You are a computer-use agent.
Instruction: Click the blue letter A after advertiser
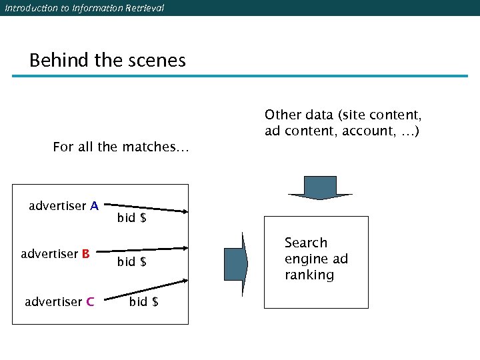click(x=95, y=206)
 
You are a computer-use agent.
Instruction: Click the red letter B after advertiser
click(x=86, y=254)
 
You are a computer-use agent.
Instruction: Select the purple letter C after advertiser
click(x=90, y=302)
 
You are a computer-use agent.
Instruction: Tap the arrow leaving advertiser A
click(x=147, y=209)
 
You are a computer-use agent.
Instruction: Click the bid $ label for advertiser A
click(x=132, y=218)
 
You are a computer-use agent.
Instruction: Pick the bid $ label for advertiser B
click(x=132, y=262)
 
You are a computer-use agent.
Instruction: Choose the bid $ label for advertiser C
click(x=144, y=302)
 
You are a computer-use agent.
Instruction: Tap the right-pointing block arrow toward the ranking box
click(x=236, y=263)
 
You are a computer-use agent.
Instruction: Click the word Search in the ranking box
click(x=306, y=243)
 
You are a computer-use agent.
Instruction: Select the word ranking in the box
click(x=309, y=275)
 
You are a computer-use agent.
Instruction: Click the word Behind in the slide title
click(x=59, y=61)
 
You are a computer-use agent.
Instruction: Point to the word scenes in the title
click(x=157, y=61)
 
